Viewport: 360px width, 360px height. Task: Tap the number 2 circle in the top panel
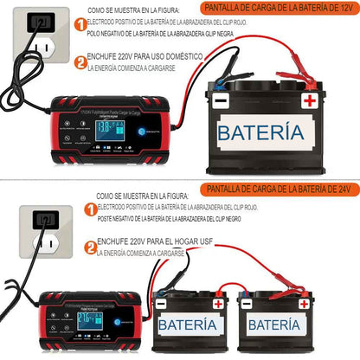click(80, 62)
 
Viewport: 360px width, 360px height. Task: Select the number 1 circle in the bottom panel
click(90, 211)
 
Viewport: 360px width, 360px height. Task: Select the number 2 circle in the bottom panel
click(90, 246)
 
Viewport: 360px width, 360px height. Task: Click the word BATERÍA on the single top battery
click(260, 132)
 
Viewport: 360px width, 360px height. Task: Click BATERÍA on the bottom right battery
click(278, 325)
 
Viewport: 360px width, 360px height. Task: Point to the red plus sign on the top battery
click(307, 100)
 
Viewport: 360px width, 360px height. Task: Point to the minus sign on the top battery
click(221, 100)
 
